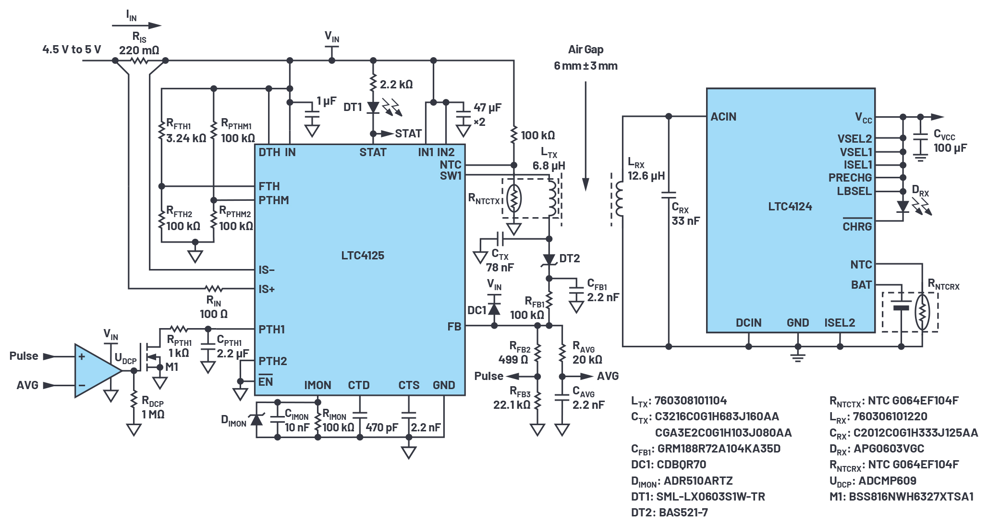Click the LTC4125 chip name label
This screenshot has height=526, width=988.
click(x=363, y=256)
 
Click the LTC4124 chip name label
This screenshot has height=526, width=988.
click(x=790, y=207)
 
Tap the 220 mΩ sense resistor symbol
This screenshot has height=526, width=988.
click(x=140, y=61)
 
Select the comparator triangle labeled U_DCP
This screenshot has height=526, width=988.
click(x=98, y=370)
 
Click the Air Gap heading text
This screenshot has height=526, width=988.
click(x=585, y=49)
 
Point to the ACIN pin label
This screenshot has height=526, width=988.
click(x=723, y=117)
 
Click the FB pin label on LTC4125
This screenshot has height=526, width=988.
click(x=454, y=327)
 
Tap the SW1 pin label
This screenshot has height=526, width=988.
click(x=451, y=176)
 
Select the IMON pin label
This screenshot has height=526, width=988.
click(x=317, y=385)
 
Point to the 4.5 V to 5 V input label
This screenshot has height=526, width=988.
click(x=72, y=49)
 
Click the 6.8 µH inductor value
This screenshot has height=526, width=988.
click(x=549, y=166)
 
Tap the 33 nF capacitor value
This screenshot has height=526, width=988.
click(x=685, y=221)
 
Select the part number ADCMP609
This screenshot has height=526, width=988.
click(x=887, y=481)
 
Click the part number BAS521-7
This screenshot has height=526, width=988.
click(x=683, y=513)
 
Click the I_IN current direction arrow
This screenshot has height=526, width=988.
click(x=137, y=25)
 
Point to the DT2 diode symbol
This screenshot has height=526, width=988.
click(x=549, y=260)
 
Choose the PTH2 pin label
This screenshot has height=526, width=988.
click(x=273, y=361)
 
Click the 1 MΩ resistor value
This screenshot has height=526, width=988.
click(x=153, y=415)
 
